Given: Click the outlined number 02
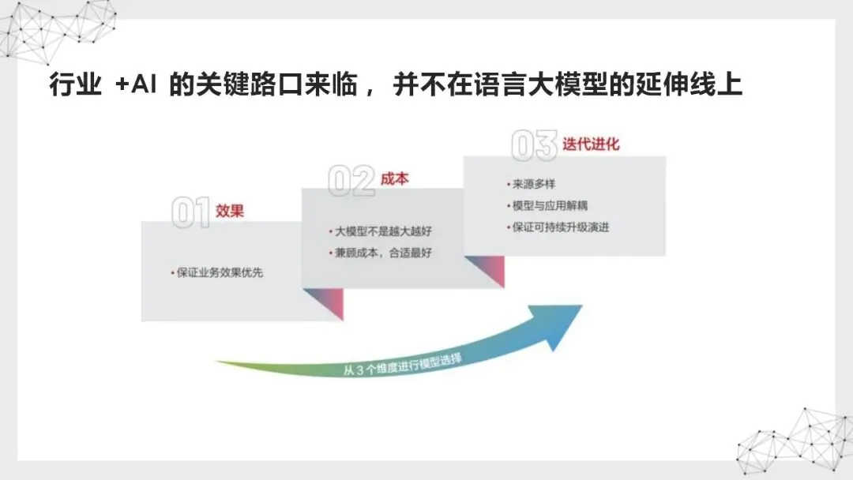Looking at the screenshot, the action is [x=351, y=181].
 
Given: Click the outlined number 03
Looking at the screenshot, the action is [x=535, y=147].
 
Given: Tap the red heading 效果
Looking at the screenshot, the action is [x=230, y=211].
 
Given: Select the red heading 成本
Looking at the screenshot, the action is [x=395, y=178].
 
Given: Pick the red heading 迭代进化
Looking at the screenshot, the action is [x=592, y=144].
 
